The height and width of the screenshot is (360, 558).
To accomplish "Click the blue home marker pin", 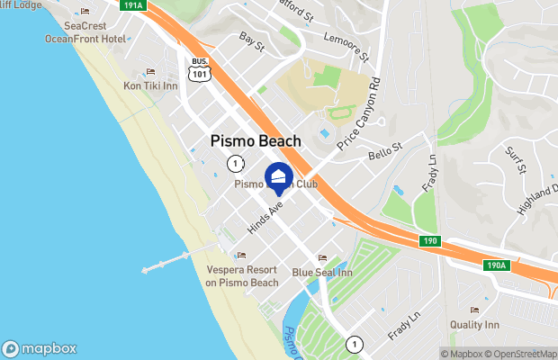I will [x=279, y=177].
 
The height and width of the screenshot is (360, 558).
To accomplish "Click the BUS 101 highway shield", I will [x=200, y=70].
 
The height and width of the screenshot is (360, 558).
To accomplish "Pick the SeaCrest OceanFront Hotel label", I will [x=85, y=32].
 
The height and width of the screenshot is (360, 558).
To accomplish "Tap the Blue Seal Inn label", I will [x=321, y=271].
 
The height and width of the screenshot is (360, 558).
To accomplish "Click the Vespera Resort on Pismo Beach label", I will [x=241, y=276].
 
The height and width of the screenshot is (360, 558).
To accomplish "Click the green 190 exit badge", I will [x=430, y=241].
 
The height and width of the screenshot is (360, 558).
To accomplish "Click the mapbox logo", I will [x=40, y=349].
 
